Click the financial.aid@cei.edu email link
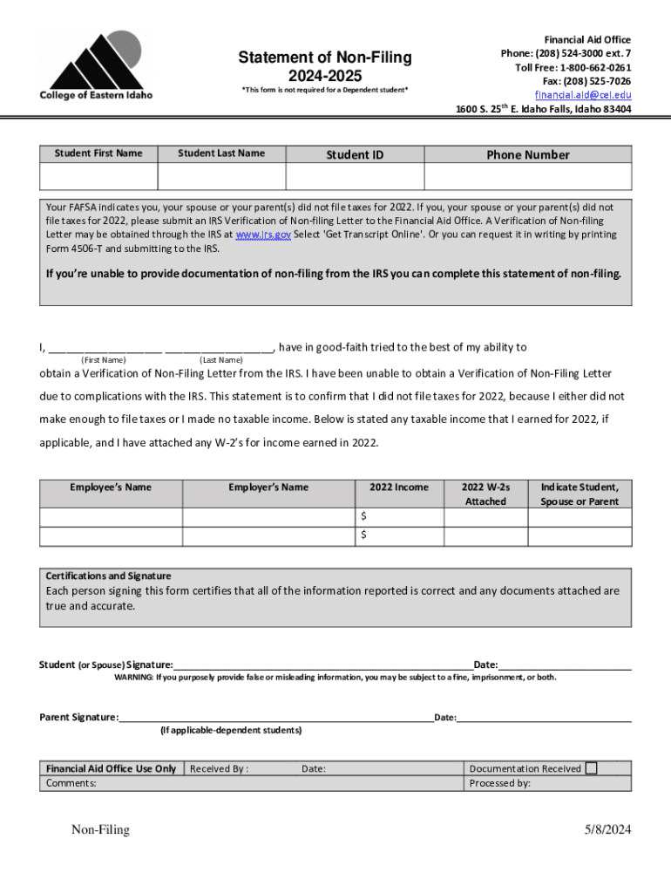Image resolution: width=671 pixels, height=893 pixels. point(582,95)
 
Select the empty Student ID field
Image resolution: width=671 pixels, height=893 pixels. point(354,177)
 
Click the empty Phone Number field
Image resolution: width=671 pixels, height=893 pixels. point(527,177)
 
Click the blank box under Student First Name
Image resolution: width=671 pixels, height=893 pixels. point(98,177)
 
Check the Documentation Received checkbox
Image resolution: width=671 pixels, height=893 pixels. point(592,768)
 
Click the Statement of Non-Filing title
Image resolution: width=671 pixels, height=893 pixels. point(325,58)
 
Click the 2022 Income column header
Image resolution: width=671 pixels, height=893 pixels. point(399,487)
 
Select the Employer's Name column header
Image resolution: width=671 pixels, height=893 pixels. point(268,487)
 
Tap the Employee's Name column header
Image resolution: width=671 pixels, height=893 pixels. point(111,487)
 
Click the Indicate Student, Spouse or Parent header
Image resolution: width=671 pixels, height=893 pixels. point(579,494)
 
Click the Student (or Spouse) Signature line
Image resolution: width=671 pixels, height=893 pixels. point(322,665)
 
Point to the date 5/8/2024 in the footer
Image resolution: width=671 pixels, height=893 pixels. point(607,830)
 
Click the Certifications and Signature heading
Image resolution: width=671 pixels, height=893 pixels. point(109,576)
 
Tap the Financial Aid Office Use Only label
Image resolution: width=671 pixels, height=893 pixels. point(111,769)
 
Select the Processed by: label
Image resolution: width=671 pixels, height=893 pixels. point(499,783)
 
